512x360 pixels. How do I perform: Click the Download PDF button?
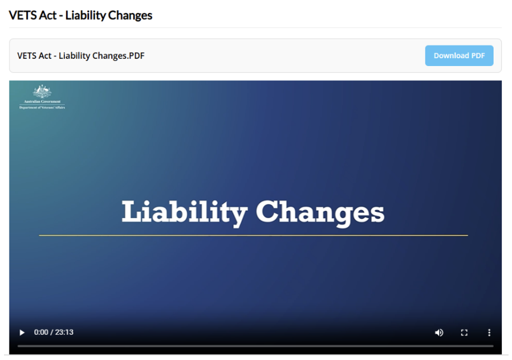pos(459,55)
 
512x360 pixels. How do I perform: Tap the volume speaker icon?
pos(439,332)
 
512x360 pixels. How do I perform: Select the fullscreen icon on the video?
pos(464,332)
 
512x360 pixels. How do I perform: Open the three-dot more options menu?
pos(489,332)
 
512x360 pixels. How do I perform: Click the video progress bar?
pos(255,346)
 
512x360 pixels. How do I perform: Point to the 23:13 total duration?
pos(64,332)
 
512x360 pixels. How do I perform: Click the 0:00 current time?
pos(41,332)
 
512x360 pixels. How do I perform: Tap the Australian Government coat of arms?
pos(42,92)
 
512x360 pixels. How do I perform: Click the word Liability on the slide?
pos(184,212)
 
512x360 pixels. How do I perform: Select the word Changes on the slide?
pos(320,212)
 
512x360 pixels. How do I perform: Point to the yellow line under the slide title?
pos(253,235)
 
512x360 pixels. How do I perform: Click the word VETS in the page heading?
pos(21,15)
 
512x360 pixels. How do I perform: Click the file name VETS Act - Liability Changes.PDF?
pos(80,56)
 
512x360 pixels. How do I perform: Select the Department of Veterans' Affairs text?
pos(42,107)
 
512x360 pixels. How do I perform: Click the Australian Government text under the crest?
pos(42,101)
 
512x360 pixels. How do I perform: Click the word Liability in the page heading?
pos(85,15)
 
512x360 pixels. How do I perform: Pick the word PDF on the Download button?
pos(478,55)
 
